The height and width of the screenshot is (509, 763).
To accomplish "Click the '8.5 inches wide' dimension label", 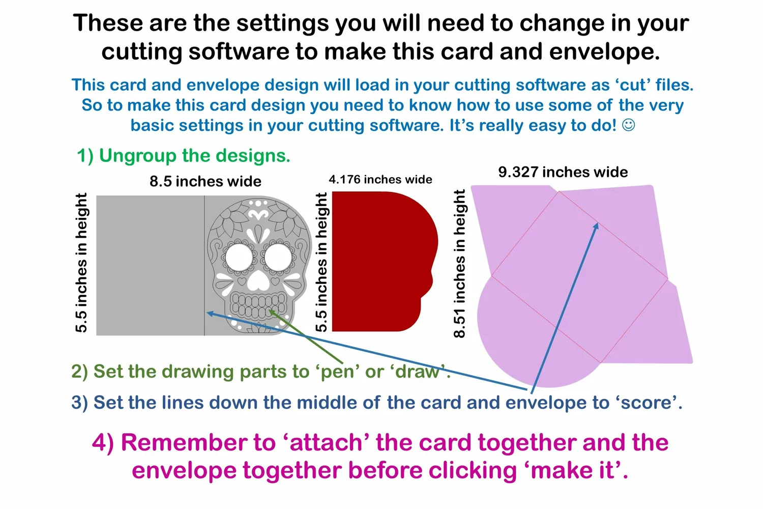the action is (206, 181).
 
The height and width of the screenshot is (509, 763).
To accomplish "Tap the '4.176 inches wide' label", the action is (380, 179).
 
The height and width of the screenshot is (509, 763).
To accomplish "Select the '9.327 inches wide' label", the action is (563, 172).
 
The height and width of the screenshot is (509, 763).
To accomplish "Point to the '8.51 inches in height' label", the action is (459, 264).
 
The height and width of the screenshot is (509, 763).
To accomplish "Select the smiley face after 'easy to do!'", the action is (628, 125).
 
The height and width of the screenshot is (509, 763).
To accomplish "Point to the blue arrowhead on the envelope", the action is (596, 227).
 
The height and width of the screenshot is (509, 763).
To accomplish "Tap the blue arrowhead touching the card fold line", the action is (211, 314).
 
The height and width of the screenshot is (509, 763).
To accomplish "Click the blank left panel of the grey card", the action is (150, 265).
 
